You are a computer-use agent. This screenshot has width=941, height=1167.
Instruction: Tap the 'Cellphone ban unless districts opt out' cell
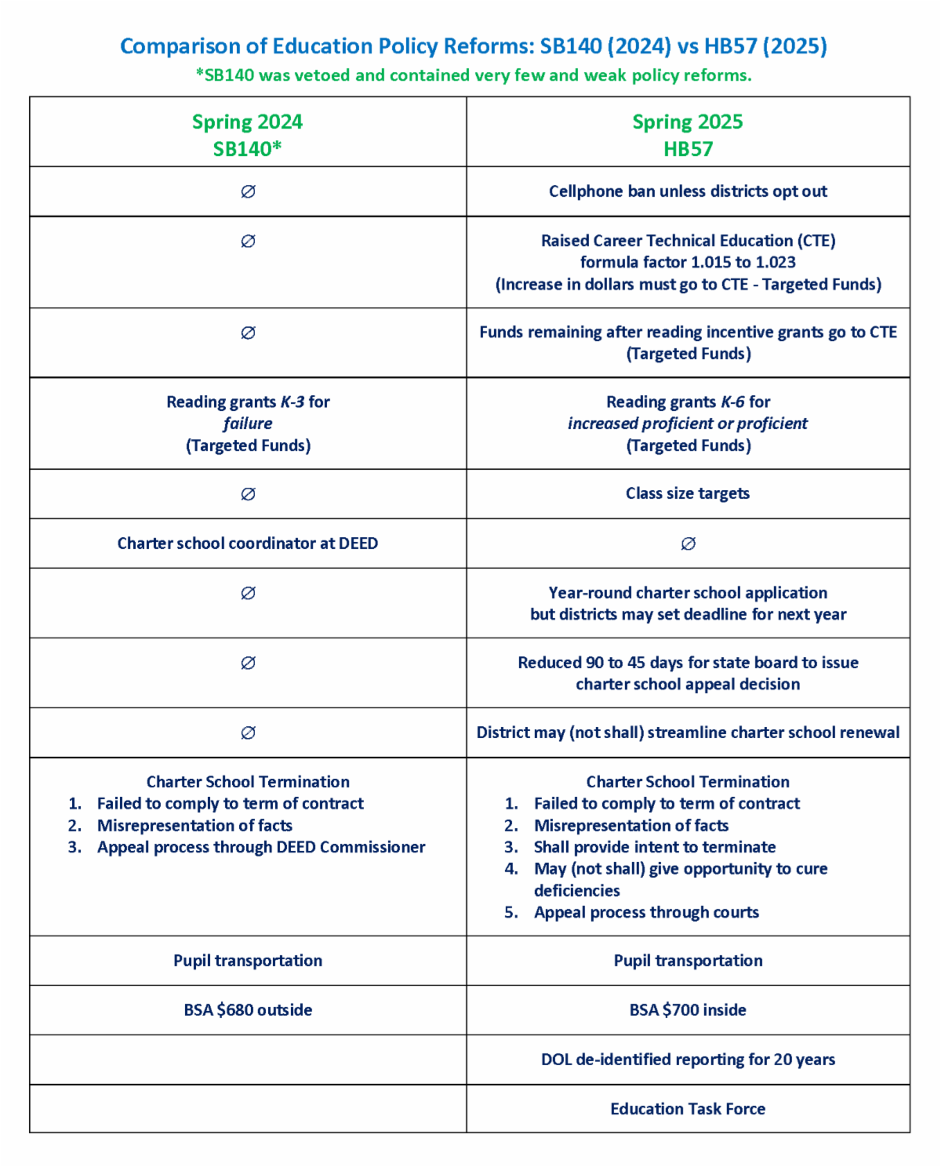(x=688, y=191)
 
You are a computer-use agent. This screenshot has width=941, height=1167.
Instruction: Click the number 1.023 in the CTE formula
(x=776, y=262)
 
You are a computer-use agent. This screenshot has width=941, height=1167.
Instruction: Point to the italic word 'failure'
(x=248, y=424)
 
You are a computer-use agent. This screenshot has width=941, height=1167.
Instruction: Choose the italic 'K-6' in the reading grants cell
(x=732, y=402)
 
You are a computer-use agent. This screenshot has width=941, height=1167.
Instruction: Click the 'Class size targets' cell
(x=688, y=493)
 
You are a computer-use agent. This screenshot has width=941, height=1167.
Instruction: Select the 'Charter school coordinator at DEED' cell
(x=248, y=544)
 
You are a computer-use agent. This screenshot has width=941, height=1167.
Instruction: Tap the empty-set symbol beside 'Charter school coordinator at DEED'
(x=688, y=544)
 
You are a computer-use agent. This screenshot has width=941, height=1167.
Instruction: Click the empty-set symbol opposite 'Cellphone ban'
(x=248, y=191)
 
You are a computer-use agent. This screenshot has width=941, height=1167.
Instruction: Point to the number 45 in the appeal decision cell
(x=637, y=663)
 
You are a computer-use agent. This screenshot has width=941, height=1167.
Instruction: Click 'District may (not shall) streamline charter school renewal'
(x=688, y=733)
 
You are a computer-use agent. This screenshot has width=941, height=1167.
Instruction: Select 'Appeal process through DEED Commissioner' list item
(x=261, y=847)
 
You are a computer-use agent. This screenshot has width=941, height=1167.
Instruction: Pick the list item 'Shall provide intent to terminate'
(x=655, y=847)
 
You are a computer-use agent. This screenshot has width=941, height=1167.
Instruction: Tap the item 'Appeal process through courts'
(x=646, y=912)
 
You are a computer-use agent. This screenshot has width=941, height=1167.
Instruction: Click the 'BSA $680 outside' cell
(x=248, y=1010)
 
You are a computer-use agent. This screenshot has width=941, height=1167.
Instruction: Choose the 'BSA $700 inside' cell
(x=688, y=1010)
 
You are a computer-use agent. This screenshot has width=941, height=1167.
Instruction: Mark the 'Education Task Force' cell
(x=688, y=1109)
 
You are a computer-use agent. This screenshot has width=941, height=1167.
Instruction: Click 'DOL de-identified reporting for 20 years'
(x=688, y=1060)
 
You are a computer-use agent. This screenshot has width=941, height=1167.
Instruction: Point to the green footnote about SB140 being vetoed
(x=474, y=75)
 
